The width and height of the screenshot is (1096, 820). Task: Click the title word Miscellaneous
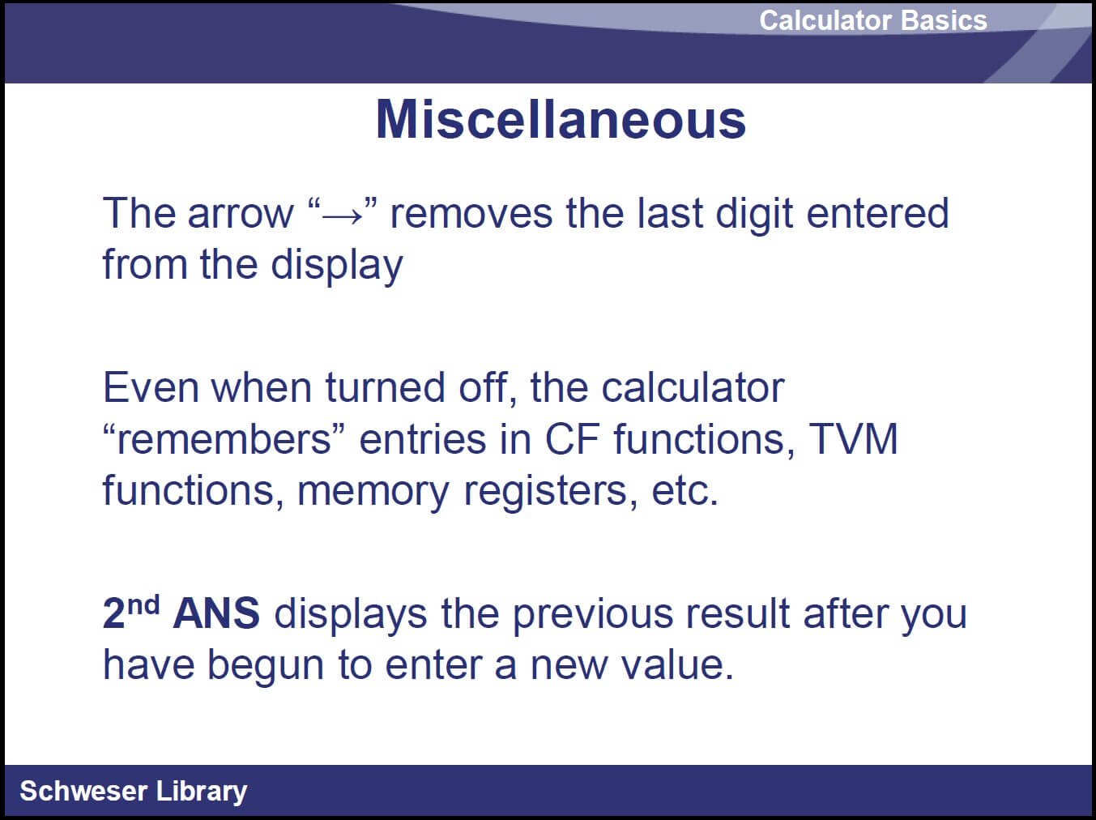pos(561,119)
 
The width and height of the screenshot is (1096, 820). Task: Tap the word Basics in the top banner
pos(945,20)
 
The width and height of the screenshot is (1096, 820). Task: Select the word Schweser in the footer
pos(83,791)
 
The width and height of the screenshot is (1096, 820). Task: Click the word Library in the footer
pos(201,792)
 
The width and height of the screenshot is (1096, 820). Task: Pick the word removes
pos(471,213)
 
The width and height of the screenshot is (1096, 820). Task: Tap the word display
pos(336,266)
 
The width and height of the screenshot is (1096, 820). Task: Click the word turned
pos(385,387)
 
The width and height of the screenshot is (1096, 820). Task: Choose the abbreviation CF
pos(572,439)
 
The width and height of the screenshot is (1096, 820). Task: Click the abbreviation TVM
pos(853,439)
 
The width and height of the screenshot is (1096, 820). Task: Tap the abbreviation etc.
pos(684,491)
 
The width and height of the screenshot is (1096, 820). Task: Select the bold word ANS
pos(216,613)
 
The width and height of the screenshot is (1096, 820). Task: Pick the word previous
pos(593,615)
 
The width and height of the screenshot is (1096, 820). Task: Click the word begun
pos(266,667)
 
